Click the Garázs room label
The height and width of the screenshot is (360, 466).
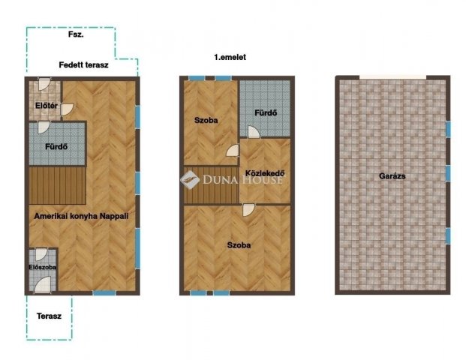click(x=392, y=176)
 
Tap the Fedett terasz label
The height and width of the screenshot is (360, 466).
click(x=83, y=65)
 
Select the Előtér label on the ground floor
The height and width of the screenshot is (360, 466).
click(x=47, y=106)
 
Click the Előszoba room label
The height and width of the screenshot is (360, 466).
click(x=43, y=267)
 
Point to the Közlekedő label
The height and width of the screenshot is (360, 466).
click(x=265, y=173)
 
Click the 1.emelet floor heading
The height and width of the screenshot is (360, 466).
click(x=230, y=57)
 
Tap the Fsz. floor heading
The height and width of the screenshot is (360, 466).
click(x=76, y=34)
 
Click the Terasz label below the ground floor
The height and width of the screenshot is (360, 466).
click(x=49, y=316)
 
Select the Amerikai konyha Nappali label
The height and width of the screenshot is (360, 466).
click(x=81, y=216)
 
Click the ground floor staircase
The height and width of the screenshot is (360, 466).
click(x=58, y=186)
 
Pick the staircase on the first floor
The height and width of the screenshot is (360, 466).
click(x=212, y=186)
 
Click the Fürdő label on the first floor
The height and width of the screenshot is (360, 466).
click(x=266, y=112)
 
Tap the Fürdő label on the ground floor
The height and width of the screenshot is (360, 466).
click(x=56, y=147)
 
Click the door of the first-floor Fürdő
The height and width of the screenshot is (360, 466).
click(x=254, y=132)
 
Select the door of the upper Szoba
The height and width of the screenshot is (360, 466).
click(x=233, y=150)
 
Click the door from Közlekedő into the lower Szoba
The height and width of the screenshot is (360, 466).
click(x=248, y=210)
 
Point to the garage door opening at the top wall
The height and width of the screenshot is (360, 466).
click(x=393, y=77)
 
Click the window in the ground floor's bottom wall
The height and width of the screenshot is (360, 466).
click(x=104, y=293)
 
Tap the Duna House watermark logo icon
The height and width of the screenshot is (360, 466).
click(x=190, y=179)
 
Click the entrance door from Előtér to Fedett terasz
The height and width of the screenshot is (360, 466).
click(x=44, y=84)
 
